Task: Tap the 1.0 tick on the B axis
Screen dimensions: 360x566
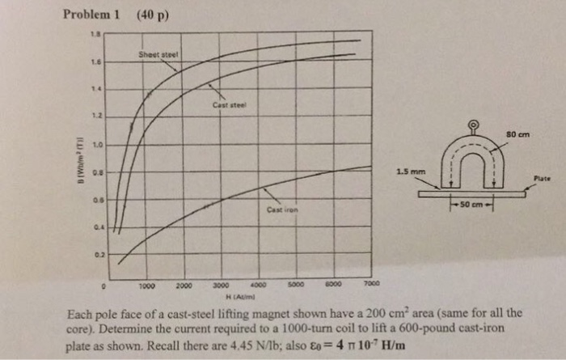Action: pyautogui.click(x=96, y=145)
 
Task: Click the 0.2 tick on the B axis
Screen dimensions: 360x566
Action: pyautogui.click(x=96, y=254)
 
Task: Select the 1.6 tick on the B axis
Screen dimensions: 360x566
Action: pyautogui.click(x=96, y=62)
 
